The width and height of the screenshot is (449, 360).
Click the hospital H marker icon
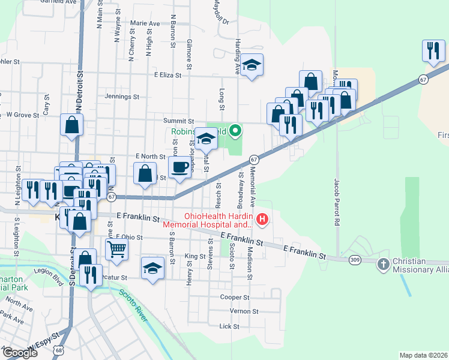click(262, 220)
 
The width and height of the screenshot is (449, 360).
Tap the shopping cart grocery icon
click(117, 248)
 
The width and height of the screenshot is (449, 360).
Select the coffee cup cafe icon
click(180, 167)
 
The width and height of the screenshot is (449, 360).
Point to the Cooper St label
click(234, 297)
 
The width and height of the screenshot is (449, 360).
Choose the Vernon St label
click(244, 311)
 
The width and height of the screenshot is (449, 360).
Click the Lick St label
click(229, 326)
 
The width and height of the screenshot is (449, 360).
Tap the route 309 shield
click(354, 260)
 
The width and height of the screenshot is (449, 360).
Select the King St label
click(195, 256)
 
